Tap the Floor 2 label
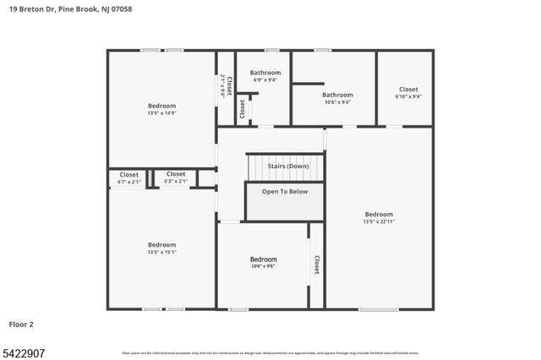click(20, 324)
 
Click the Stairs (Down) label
click(285, 166)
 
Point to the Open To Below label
click(285, 192)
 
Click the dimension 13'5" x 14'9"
click(162, 112)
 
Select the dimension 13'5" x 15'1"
click(162, 252)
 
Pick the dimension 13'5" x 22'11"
click(379, 221)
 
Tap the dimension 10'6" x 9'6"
click(263, 266)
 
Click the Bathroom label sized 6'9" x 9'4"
click(264, 73)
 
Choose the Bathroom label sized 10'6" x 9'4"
click(336, 95)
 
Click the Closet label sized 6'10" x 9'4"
click(408, 89)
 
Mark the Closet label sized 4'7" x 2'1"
click(128, 174)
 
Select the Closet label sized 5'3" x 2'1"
click(175, 174)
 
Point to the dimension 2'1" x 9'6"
click(222, 86)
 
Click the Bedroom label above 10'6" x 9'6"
click(263, 259)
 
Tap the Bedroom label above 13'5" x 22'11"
click(379, 214)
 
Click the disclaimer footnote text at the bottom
click(270, 352)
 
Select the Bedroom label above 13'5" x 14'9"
click(162, 105)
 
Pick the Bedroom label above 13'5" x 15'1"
click(162, 244)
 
